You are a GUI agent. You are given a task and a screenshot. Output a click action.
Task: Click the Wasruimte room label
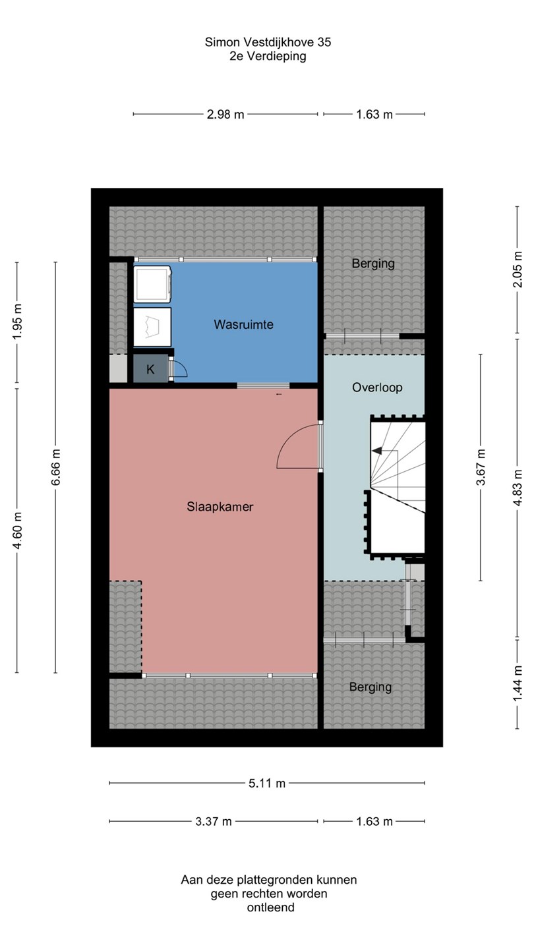(243, 324)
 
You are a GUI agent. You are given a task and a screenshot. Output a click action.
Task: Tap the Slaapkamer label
(220, 507)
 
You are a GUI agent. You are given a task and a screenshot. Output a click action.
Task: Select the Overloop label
(377, 388)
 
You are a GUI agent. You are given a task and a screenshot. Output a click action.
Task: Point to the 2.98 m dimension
(225, 115)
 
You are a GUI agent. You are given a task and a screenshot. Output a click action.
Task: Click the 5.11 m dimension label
(267, 784)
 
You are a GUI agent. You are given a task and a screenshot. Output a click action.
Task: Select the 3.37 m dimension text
(214, 821)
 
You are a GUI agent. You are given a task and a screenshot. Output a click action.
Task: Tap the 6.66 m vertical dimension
(57, 467)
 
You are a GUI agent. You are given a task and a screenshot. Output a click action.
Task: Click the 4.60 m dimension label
(18, 531)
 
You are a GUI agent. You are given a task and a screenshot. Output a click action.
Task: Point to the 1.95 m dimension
(18, 322)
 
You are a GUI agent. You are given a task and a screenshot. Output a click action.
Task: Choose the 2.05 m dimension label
(518, 270)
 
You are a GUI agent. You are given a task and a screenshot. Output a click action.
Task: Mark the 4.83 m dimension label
(518, 488)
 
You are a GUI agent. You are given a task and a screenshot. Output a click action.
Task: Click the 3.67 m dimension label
(481, 467)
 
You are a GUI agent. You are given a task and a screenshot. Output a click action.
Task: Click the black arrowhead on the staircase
(377, 451)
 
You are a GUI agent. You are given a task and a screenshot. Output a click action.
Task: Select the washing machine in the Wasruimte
(152, 284)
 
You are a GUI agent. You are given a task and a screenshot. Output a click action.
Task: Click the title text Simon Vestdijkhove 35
(268, 42)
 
